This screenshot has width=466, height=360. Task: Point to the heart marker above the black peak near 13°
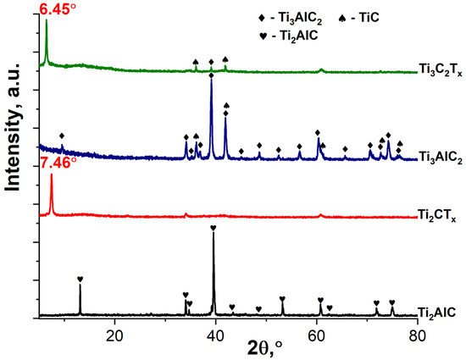(80, 279)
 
